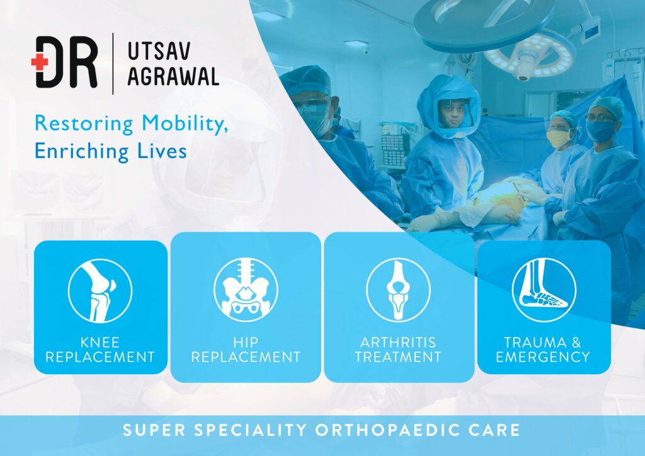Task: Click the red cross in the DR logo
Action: pyautogui.click(x=40, y=62)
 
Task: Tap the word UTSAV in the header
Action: pyautogui.click(x=159, y=51)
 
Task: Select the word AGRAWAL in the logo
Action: pyautogui.click(x=173, y=76)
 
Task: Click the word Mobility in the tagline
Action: pyautogui.click(x=185, y=123)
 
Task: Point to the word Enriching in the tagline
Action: pyautogui.click(x=81, y=151)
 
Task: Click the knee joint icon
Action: pyautogui.click(x=100, y=291)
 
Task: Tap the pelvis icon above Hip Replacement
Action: pyautogui.click(x=246, y=290)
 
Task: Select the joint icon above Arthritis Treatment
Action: pyautogui.click(x=398, y=290)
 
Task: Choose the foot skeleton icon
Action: pyautogui.click(x=544, y=290)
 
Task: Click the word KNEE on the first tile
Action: pyautogui.click(x=100, y=342)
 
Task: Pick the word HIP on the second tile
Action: pyautogui.click(x=246, y=342)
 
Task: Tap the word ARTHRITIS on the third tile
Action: pyautogui.click(x=398, y=342)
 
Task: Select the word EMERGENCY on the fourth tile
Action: pyautogui.click(x=543, y=356)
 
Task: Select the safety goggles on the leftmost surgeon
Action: pyautogui.click(x=312, y=106)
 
